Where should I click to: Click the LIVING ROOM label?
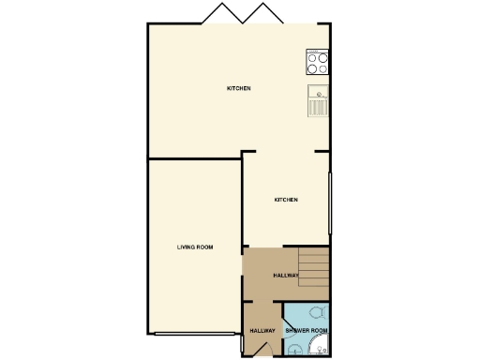click(195, 247)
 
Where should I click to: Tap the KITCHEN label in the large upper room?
click(238, 89)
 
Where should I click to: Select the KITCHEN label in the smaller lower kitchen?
click(286, 201)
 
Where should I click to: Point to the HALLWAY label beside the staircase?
click(285, 276)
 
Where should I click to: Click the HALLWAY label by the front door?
click(262, 331)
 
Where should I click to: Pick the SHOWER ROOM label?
click(306, 331)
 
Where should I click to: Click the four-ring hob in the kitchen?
click(317, 63)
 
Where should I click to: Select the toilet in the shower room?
click(319, 312)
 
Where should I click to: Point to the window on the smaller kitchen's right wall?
click(329, 202)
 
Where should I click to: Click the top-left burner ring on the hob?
click(311, 56)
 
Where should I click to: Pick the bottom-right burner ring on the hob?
click(323, 68)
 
